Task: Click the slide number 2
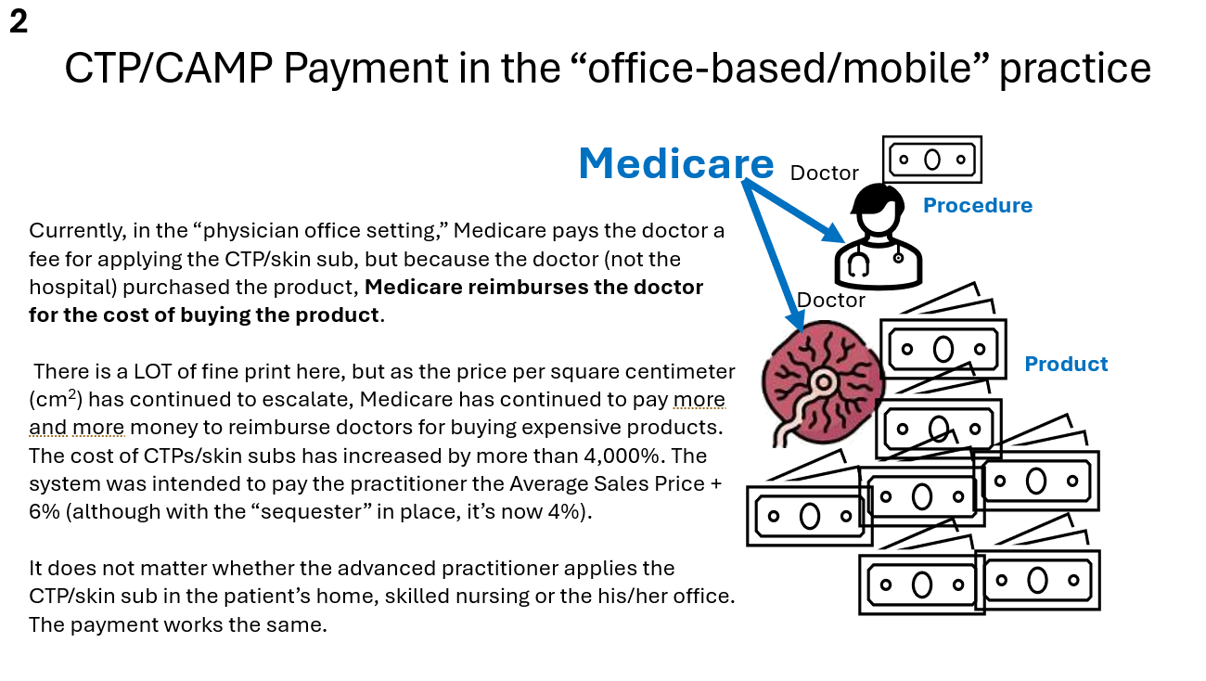coord(19,22)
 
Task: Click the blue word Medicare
coord(676,163)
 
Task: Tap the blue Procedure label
coord(978,206)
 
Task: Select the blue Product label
coord(1066,364)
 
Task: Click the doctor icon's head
coord(878,210)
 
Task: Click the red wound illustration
coord(822,383)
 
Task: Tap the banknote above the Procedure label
coord(932,160)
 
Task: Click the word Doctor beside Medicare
coord(825,173)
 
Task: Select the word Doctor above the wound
coord(830,300)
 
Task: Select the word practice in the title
coord(1075,70)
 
